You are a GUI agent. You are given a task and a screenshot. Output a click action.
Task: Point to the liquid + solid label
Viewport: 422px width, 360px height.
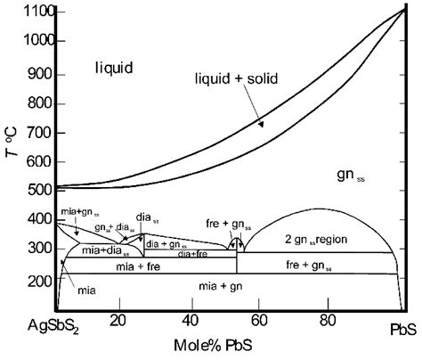[x=236, y=79]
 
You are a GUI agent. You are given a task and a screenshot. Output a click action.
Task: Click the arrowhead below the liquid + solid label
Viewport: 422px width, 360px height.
[x=262, y=126]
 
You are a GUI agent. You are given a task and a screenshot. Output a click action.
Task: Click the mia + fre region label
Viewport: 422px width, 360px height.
[x=140, y=266]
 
